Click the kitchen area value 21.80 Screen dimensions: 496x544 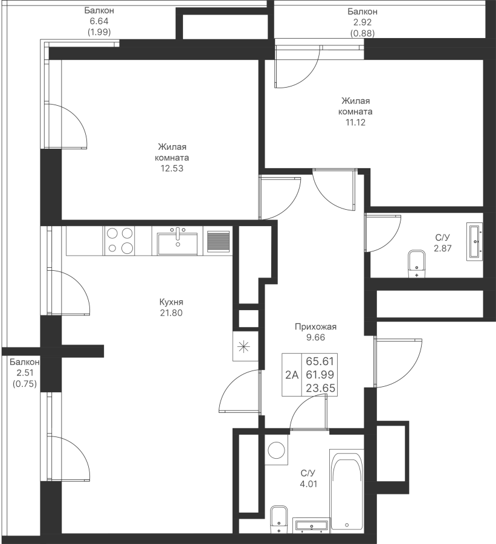click(x=172, y=313)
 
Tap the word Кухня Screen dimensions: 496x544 click(x=172, y=302)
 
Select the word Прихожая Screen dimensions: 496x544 click(x=315, y=326)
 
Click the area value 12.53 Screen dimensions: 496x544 click(x=172, y=169)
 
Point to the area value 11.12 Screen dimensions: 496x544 click(x=355, y=123)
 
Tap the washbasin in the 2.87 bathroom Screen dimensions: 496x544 click(x=474, y=241)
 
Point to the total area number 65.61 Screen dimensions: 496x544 click(x=320, y=361)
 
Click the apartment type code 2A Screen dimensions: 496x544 click(x=292, y=375)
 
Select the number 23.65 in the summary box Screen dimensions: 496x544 click(x=320, y=388)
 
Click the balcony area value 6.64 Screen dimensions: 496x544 click(x=99, y=21)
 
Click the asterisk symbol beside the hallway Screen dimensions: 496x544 click(x=244, y=346)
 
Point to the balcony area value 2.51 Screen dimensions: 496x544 click(x=25, y=373)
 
